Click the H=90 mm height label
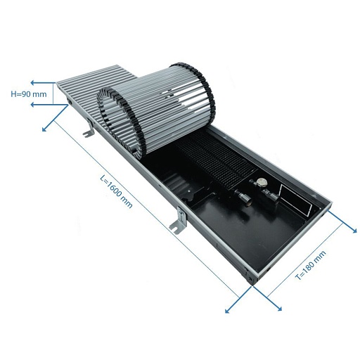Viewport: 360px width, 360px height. point(29,94)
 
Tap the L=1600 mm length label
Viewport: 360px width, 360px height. point(116,192)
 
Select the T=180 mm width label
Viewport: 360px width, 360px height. point(310,265)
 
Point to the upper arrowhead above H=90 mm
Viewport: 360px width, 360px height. point(33,82)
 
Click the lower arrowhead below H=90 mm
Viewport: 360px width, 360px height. point(33,105)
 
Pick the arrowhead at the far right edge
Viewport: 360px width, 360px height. point(354,230)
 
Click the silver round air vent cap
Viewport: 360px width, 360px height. point(261,182)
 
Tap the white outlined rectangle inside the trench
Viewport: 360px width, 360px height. point(295,200)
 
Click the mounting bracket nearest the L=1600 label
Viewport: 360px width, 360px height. point(179,220)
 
